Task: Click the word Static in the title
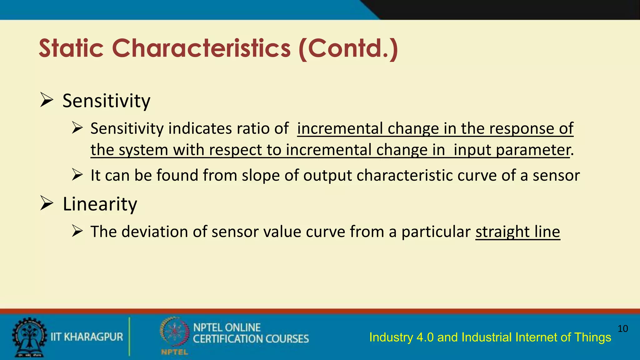71,48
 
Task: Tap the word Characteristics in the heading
201,48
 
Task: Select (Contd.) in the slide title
348,48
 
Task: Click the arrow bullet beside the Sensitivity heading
47,100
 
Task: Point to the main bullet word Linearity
100,204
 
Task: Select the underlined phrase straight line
517,232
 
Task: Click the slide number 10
622,328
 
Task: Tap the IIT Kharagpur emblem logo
29,337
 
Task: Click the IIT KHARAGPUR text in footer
87,337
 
